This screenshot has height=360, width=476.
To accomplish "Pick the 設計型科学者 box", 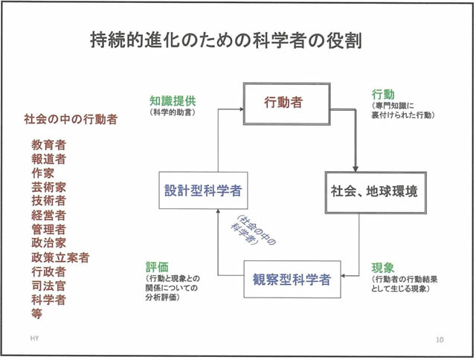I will click(203, 190).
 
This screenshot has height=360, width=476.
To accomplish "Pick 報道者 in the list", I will click(48, 158).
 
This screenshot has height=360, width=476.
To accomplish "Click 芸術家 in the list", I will click(48, 187).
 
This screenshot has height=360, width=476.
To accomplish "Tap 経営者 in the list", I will click(48, 215).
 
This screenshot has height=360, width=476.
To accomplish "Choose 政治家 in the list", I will click(48, 243).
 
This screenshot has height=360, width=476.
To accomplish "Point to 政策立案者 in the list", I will click(60, 257).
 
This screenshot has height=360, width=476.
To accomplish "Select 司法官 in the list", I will click(48, 286).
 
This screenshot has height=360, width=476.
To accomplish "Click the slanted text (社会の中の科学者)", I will click(252, 236).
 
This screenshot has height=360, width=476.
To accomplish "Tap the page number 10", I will click(440, 338).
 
